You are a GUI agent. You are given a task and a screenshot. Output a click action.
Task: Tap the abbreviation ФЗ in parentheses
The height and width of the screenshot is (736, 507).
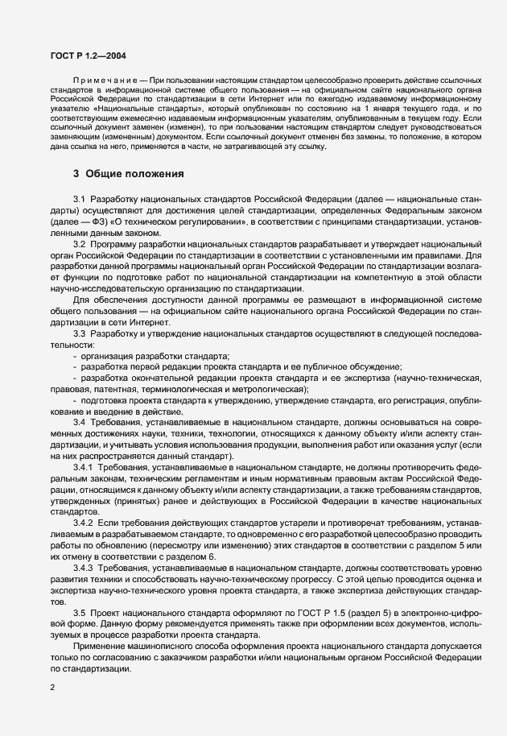[97, 220]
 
